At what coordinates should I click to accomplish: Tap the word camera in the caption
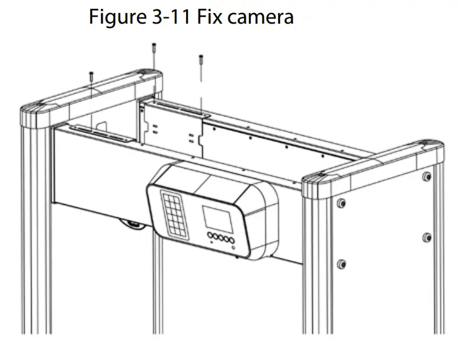(x=261, y=17)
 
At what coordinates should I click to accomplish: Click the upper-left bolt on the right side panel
(x=341, y=203)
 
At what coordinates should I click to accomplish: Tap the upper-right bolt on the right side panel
(x=426, y=176)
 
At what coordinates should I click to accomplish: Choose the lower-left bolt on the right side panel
(x=341, y=264)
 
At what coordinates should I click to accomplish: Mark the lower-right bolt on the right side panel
(x=426, y=237)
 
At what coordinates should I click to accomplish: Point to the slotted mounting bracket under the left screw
(x=100, y=132)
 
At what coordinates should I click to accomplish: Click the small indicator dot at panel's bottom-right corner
(x=234, y=248)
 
